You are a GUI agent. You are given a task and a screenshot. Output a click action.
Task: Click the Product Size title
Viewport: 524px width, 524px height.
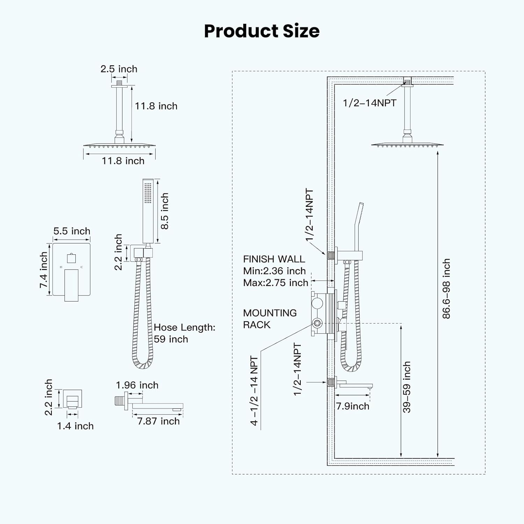[x=262, y=31]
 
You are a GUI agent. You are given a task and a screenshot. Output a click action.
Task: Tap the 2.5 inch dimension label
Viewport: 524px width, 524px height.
[x=119, y=69]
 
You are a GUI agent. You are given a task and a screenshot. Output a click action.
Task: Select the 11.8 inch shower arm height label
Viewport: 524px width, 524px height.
[x=156, y=106]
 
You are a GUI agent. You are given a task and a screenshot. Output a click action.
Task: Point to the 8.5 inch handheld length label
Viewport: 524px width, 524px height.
[x=165, y=211]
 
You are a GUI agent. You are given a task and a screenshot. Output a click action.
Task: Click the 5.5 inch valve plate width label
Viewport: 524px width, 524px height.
[x=72, y=231]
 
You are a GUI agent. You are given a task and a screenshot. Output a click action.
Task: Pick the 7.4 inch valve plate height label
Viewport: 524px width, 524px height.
[x=43, y=270]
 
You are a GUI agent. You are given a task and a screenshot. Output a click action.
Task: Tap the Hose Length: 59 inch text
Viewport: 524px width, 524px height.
[x=184, y=333]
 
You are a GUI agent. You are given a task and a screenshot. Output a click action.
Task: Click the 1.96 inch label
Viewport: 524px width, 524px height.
[x=137, y=385]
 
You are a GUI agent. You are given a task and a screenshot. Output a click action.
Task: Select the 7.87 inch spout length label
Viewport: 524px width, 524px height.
[x=158, y=421]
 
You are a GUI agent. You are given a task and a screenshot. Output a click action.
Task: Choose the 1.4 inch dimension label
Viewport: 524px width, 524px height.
[x=75, y=426]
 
